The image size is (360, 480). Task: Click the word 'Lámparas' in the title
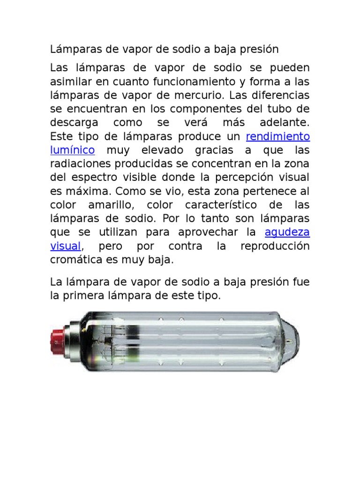(72, 49)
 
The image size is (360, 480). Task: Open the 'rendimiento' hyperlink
(278, 137)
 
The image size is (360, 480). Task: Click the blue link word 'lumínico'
(73, 150)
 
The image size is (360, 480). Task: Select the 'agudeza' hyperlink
(287, 232)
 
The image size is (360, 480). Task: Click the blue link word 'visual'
(66, 246)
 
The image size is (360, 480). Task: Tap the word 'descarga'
(74, 123)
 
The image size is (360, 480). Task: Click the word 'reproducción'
(276, 246)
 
